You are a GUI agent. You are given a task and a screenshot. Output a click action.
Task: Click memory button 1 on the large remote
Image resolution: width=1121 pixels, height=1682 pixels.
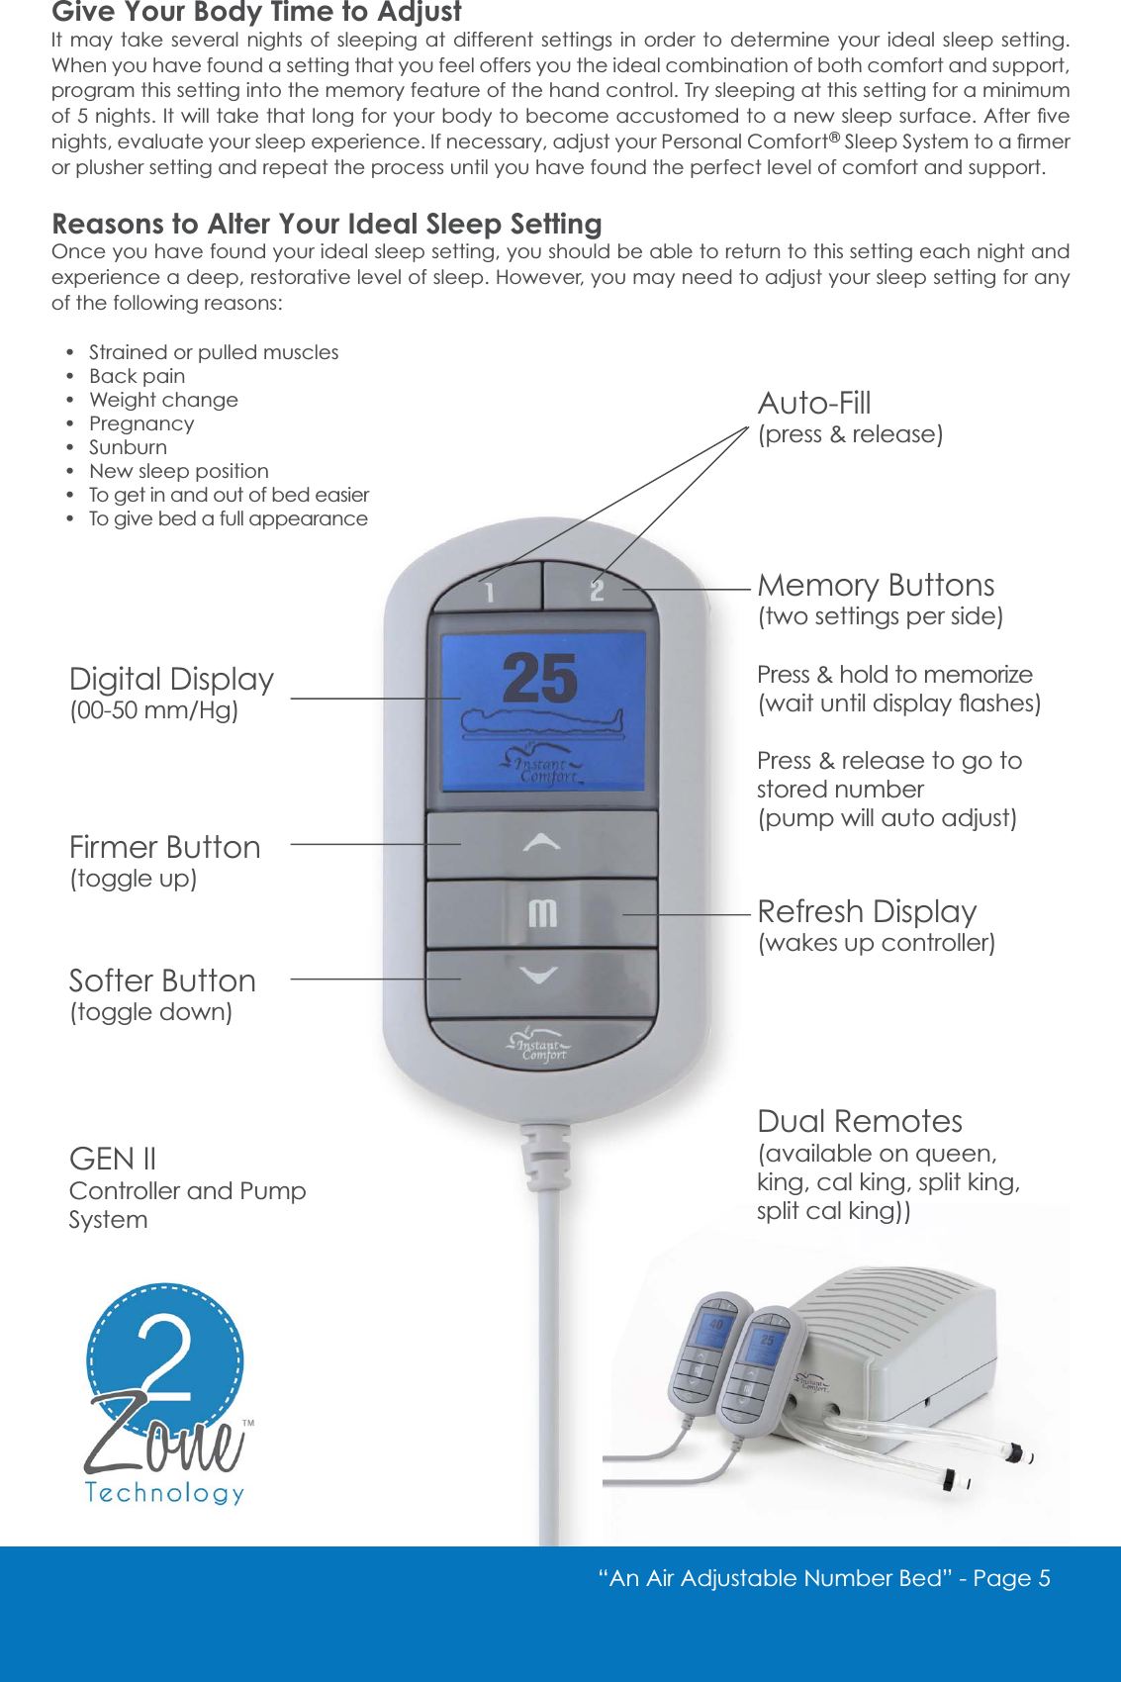[488, 591]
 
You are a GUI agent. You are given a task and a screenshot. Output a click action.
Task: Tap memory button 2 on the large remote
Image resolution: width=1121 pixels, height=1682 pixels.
[597, 590]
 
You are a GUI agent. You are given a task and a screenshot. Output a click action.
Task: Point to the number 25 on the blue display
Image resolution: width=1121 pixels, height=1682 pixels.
[539, 679]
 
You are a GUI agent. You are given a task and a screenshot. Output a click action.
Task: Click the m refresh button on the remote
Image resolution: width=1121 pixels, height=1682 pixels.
[542, 912]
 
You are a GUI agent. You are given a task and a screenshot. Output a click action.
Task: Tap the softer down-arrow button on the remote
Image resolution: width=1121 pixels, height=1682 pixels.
[539, 977]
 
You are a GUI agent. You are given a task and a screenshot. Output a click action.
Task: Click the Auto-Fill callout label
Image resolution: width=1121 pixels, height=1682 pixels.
[814, 404]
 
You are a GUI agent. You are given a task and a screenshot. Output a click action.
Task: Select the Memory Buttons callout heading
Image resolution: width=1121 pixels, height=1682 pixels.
[876, 585]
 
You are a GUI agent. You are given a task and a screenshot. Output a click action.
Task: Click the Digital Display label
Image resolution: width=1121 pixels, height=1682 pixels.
[171, 679]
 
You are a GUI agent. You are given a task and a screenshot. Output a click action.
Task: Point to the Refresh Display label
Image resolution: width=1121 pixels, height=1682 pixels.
[867, 910]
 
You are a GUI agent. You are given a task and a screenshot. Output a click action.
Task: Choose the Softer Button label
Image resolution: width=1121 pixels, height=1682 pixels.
[162, 981]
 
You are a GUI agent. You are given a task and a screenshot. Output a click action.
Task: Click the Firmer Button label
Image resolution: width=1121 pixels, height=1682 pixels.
[164, 847]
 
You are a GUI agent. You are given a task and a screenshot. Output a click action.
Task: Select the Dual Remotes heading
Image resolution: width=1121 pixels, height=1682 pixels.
[859, 1121]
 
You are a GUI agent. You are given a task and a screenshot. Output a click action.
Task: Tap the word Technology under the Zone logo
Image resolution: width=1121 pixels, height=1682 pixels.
[164, 1492]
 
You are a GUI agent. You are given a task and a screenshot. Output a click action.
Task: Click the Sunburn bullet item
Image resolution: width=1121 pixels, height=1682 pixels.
[128, 447]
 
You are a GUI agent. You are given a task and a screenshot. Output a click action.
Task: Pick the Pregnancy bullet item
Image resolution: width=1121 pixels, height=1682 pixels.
[141, 423]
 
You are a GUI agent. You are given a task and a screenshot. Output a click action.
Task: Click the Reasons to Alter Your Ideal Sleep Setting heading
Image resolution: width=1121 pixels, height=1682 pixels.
[327, 224]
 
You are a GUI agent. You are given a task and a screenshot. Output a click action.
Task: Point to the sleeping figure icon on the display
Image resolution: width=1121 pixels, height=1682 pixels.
[542, 725]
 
